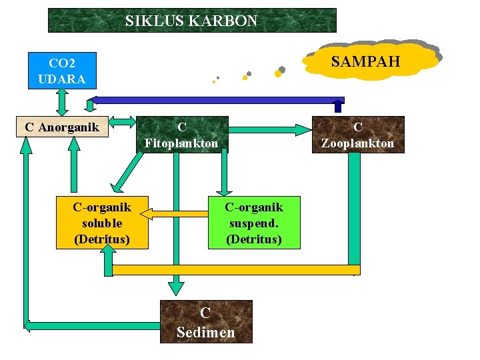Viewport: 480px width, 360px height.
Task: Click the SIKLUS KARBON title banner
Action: pyautogui.click(x=192, y=21)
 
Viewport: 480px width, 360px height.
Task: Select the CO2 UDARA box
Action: pyautogui.click(x=62, y=70)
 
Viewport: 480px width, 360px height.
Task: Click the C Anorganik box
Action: pyautogui.click(x=61, y=126)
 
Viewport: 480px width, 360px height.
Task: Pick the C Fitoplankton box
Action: pyautogui.click(x=181, y=135)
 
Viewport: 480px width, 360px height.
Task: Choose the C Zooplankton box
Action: pyautogui.click(x=357, y=135)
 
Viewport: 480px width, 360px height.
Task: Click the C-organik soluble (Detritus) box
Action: pyautogui.click(x=102, y=223)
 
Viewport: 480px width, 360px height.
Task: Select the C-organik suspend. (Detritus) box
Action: pyautogui.click(x=254, y=223)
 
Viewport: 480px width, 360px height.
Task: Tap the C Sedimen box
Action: pyautogui.click(x=206, y=321)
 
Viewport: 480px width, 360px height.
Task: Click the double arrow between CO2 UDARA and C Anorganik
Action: pyautogui.click(x=62, y=102)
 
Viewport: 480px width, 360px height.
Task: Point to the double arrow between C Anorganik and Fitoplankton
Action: pyautogui.click(x=122, y=122)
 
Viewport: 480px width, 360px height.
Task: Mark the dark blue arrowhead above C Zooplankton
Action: pyautogui.click(x=338, y=105)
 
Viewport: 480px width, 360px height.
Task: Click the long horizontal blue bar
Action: pyautogui.click(x=213, y=100)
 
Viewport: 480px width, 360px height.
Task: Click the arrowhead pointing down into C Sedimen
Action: pyautogui.click(x=175, y=287)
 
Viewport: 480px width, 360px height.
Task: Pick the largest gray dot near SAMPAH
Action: pyautogui.click(x=282, y=69)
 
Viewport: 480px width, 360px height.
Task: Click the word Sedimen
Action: pyautogui.click(x=206, y=332)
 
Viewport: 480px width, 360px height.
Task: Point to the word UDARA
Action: pyautogui.click(x=62, y=79)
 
